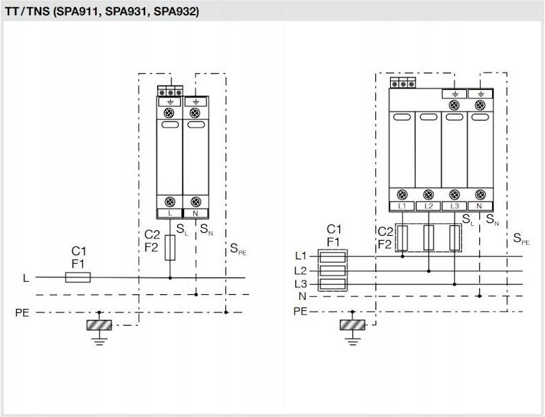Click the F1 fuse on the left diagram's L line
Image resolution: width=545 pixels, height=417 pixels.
click(78, 278)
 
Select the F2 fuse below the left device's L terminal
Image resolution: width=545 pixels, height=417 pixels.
click(170, 248)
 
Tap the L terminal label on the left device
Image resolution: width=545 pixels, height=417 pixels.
click(170, 213)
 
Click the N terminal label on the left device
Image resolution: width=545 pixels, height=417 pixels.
click(195, 213)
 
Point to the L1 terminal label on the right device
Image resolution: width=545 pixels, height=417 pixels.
click(402, 206)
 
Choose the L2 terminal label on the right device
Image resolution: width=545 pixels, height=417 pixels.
click(428, 206)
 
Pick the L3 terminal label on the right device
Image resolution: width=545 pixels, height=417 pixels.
click(454, 206)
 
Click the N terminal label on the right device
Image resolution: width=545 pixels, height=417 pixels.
click(480, 206)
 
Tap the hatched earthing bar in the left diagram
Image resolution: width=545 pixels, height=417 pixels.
click(99, 325)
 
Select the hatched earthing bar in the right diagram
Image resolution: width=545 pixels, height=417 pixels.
click(352, 325)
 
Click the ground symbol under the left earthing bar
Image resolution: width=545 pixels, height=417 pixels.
click(99, 342)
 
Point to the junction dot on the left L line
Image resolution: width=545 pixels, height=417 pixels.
click(170, 278)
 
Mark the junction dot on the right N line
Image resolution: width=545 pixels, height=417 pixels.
click(479, 296)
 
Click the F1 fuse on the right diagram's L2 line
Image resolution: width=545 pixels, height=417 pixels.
click(333, 271)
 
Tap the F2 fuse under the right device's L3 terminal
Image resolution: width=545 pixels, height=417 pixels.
click(454, 238)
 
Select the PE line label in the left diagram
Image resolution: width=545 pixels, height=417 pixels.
click(22, 313)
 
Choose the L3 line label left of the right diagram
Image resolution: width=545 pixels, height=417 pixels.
click(301, 284)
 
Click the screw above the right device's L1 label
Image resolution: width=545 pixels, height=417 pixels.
click(402, 195)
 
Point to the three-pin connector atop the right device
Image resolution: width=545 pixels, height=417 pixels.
click(403, 83)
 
